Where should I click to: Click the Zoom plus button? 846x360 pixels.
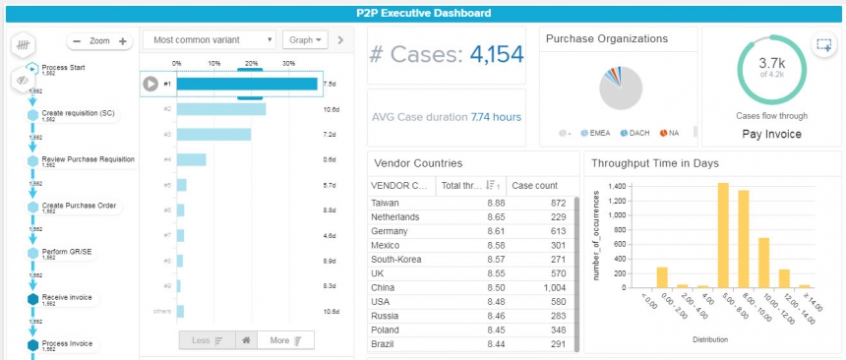122,41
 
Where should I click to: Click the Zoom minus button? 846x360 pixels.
76,41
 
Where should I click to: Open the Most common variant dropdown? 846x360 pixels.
210,40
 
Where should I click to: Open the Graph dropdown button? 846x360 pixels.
303,40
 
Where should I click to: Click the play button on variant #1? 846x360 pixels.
151,84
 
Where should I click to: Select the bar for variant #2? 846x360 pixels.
221,109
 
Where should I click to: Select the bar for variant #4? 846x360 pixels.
191,159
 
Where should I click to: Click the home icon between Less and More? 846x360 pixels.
244,340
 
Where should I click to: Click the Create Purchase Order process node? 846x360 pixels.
79,206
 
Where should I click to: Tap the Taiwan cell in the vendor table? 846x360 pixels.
386,203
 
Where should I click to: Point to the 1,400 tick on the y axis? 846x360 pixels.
614,186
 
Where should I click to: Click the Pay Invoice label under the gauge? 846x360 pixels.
772,133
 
